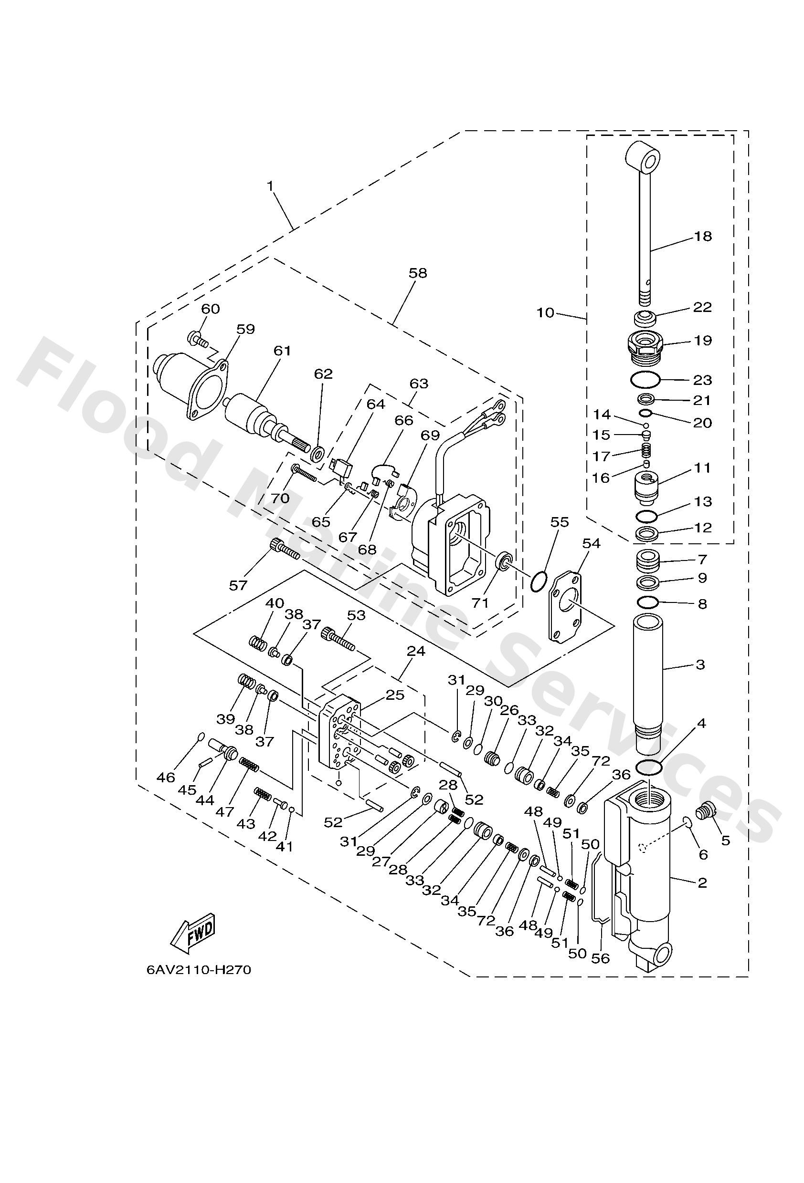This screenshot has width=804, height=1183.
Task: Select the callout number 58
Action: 418,274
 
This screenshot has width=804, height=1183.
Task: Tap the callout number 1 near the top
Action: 270,187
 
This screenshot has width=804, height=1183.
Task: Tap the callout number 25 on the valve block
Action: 394,695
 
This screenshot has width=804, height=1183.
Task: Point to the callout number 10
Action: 545,312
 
